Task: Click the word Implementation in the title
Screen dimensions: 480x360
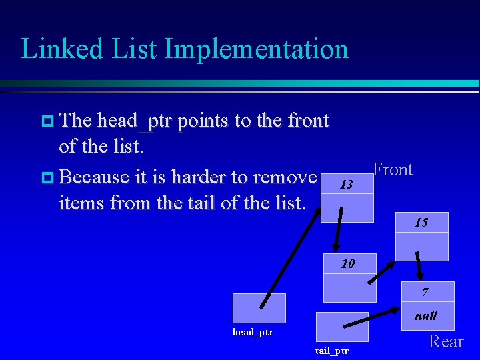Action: tap(256, 49)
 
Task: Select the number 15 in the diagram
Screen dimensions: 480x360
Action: tap(421, 223)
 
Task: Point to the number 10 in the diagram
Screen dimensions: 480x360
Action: tap(348, 264)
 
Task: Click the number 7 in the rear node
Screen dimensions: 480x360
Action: tap(425, 293)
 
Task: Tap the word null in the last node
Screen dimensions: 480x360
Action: tap(425, 316)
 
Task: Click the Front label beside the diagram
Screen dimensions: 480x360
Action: tap(393, 170)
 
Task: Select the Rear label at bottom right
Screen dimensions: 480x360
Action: tap(446, 342)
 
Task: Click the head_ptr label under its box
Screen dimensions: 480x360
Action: tap(253, 332)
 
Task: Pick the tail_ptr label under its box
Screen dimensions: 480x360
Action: tap(331, 351)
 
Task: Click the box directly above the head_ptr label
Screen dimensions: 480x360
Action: tap(259, 309)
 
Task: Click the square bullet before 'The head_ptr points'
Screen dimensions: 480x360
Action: tap(47, 121)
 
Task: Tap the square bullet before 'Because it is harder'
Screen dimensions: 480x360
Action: tap(47, 178)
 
